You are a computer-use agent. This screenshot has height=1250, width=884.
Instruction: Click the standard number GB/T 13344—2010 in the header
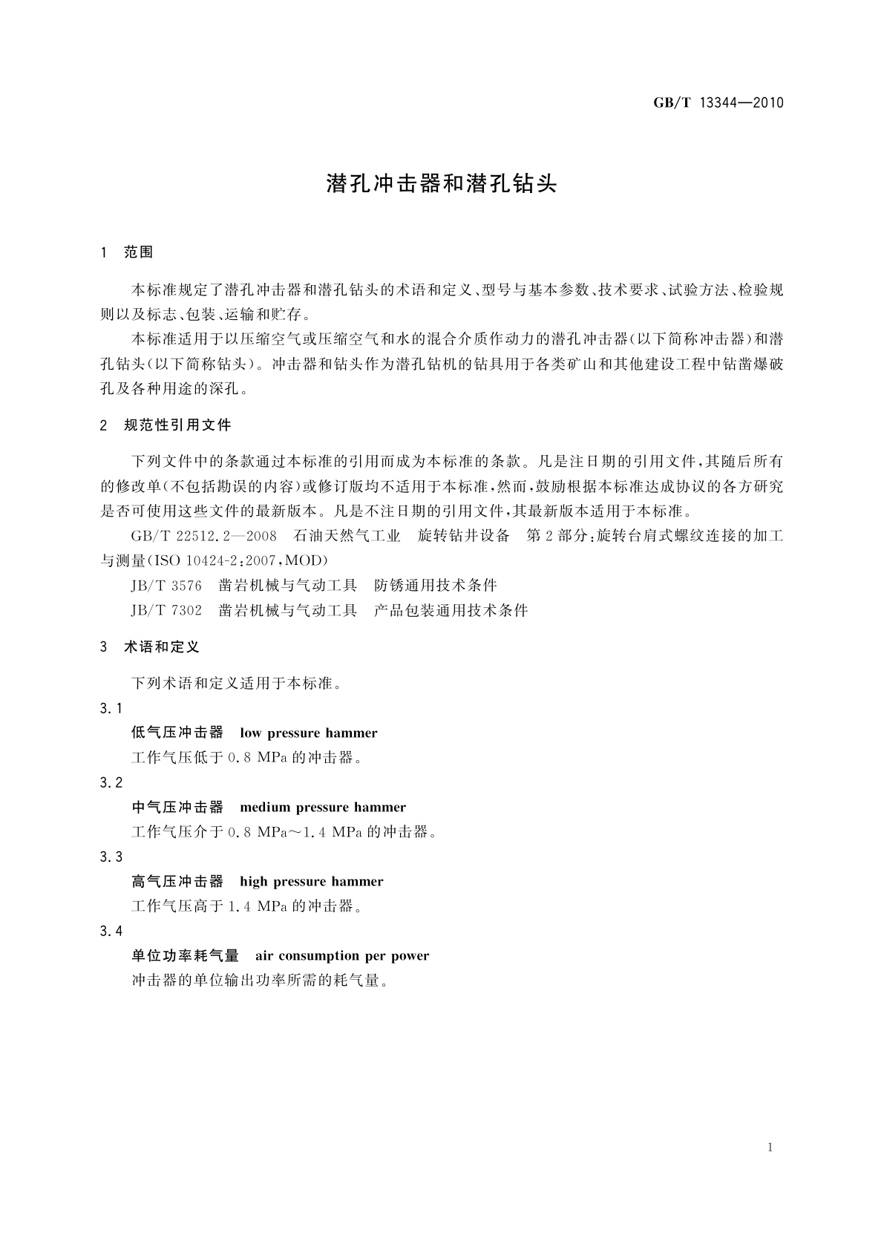[x=718, y=103]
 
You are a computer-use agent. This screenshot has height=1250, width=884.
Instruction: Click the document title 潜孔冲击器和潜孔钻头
[x=441, y=184]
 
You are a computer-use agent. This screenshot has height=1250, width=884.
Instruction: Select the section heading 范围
[x=139, y=252]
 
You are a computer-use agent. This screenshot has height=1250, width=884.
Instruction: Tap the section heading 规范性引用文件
[x=177, y=425]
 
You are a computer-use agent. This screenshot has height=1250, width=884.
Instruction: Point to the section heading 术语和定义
[x=162, y=647]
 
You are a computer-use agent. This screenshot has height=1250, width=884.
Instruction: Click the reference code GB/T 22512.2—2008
[x=203, y=536]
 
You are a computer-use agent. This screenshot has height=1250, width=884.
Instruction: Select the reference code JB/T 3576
[x=166, y=586]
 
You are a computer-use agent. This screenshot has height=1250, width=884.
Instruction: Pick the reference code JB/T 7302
[x=166, y=611]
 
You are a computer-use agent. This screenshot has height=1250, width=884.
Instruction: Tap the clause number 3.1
[x=111, y=708]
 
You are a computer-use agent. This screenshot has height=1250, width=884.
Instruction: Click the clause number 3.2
[x=111, y=782]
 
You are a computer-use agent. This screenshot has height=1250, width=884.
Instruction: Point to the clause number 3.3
[x=111, y=857]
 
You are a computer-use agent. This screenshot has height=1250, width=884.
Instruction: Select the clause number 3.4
[x=111, y=931]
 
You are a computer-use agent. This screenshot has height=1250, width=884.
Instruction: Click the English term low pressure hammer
[x=309, y=733]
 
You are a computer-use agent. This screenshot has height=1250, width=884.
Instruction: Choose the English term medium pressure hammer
[x=323, y=808]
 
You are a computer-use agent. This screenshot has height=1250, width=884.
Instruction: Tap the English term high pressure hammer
[x=312, y=882]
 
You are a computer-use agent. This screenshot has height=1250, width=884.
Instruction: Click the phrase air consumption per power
[x=342, y=956]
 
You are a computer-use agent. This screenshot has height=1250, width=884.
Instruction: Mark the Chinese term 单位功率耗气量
[x=186, y=956]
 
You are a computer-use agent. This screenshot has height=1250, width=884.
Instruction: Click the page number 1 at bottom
[x=770, y=1148]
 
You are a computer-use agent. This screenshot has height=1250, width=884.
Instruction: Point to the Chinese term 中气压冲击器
[x=177, y=808]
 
